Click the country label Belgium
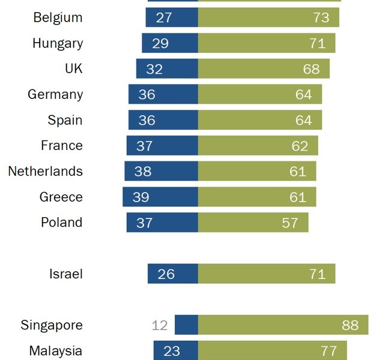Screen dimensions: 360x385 [58, 17]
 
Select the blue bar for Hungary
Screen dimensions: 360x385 [170, 43]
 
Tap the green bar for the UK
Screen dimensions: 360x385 [264, 69]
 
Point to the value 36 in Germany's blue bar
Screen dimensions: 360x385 [147, 95]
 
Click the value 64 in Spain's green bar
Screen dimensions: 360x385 [303, 121]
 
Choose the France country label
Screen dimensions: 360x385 [62, 146]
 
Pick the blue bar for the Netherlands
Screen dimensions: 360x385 [161, 172]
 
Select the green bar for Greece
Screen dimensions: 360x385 [257, 197]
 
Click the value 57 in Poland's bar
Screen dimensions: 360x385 [290, 223]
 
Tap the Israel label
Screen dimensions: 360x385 [66, 274]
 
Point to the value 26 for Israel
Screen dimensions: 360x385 [166, 274]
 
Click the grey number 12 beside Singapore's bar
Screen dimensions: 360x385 [160, 326]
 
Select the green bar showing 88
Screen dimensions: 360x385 [282, 326]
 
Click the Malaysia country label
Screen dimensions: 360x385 [56, 351]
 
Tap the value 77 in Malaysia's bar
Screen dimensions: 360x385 [330, 351]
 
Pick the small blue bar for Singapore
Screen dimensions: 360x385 [186, 326]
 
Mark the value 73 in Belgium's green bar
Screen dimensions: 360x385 [321, 17]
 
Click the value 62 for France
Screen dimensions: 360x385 [300, 146]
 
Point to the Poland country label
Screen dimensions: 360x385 [61, 223]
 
